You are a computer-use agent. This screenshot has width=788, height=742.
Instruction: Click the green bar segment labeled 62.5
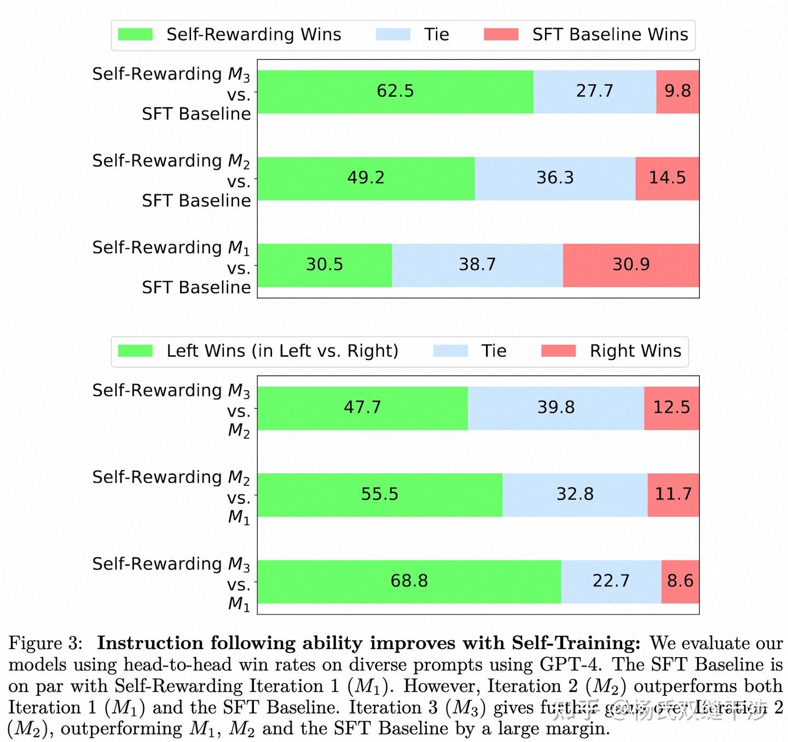pyautogui.click(x=395, y=91)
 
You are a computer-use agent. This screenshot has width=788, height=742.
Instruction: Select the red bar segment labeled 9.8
pyautogui.click(x=677, y=91)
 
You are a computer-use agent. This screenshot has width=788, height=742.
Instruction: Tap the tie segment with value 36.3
pyautogui.click(x=555, y=178)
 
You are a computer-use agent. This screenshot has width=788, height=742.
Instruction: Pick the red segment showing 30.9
pyautogui.click(x=631, y=265)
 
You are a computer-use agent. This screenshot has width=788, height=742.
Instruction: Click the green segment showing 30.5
pyautogui.click(x=325, y=265)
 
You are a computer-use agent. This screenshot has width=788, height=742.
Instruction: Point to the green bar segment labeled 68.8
pyautogui.click(x=409, y=581)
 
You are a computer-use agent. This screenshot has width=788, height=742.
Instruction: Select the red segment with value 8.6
pyautogui.click(x=680, y=581)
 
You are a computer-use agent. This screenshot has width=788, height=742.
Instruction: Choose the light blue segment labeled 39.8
pyautogui.click(x=556, y=408)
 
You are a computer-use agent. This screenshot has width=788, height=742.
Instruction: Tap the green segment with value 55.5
pyautogui.click(x=380, y=495)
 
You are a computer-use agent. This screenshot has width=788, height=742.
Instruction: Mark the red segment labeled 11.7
pyautogui.click(x=673, y=495)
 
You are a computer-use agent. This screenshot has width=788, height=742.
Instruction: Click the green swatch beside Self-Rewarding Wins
pyautogui.click(x=135, y=34)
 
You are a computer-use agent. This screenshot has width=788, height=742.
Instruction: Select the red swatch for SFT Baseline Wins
pyautogui.click(x=501, y=34)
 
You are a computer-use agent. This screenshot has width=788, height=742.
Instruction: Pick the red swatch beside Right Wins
pyautogui.click(x=558, y=351)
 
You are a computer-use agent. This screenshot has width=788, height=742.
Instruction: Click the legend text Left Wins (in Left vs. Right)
pyautogui.click(x=282, y=351)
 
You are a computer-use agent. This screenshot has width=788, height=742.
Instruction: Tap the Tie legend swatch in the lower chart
pyautogui.click(x=450, y=351)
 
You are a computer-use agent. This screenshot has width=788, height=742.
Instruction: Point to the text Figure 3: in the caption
pyautogui.click(x=45, y=643)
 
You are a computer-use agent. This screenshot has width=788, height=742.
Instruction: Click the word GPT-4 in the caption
pyautogui.click(x=570, y=664)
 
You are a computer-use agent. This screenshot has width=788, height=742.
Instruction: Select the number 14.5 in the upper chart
pyautogui.click(x=667, y=178)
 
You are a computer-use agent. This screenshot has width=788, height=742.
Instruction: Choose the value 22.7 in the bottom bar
pyautogui.click(x=611, y=581)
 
